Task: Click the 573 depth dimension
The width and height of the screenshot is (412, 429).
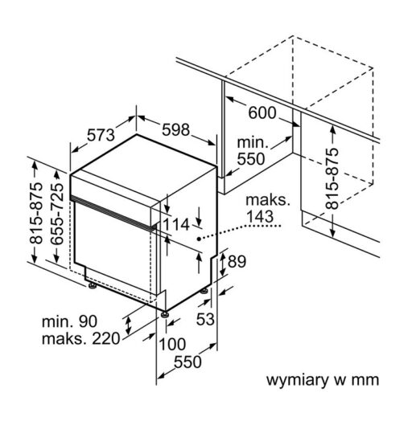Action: [x=101, y=135]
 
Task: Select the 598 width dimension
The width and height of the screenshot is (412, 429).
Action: [x=175, y=129]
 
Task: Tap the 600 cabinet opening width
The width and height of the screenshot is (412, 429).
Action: [x=262, y=112]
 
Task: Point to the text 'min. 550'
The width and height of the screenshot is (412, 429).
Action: [x=251, y=151]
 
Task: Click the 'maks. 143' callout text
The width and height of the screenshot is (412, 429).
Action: [x=267, y=209]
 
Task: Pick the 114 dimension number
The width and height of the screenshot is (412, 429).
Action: [x=176, y=225]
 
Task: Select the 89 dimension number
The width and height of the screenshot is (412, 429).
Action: [x=237, y=261]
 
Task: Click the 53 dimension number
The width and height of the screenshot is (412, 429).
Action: [x=205, y=319]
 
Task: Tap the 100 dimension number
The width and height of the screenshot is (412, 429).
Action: [x=172, y=344]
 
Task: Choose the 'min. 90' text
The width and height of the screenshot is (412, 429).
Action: [x=69, y=321]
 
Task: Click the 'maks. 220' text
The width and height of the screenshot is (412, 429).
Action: [x=80, y=339]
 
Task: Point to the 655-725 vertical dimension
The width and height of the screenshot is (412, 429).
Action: [x=57, y=214]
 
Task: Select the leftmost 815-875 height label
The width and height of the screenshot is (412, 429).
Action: [x=36, y=213]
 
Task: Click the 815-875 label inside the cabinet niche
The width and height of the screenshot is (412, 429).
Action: [x=332, y=178]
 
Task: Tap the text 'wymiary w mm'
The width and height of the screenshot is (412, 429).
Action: [x=323, y=380]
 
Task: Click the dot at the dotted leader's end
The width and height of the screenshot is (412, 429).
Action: [x=199, y=239]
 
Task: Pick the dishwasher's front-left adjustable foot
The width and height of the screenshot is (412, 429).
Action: [x=92, y=286]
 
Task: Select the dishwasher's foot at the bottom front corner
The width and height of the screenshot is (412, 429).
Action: [x=165, y=314]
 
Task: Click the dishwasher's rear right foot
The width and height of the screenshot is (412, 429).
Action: [x=204, y=291]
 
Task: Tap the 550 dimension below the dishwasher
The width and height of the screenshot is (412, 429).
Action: [x=187, y=362]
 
